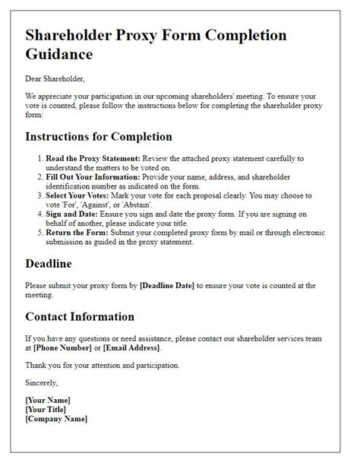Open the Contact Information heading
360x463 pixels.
coord(80,316)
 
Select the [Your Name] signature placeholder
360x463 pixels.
coord(48,400)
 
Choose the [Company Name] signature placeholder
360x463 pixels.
coord(56,418)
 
